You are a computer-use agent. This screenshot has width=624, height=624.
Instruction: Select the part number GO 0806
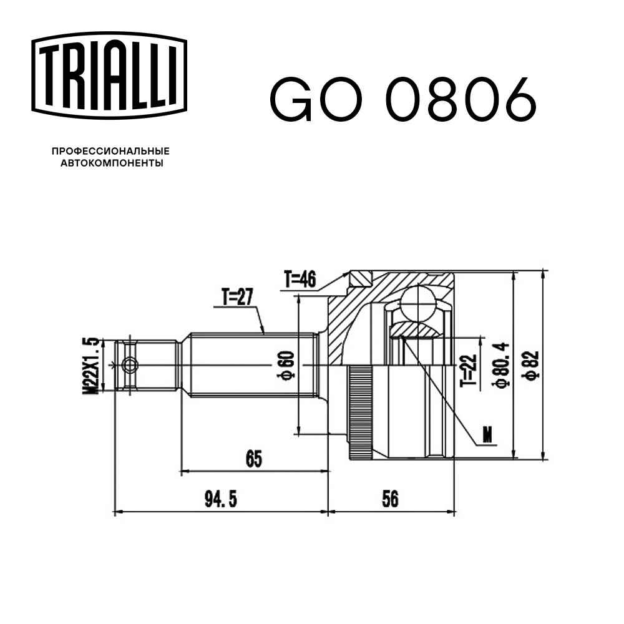(x=402, y=99)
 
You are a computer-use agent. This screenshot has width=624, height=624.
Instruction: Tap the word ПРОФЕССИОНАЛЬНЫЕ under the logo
(x=111, y=151)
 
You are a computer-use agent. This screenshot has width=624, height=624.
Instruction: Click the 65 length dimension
(x=253, y=459)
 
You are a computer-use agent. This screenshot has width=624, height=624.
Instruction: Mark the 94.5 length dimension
(x=222, y=499)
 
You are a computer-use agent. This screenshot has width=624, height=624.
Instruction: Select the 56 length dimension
(x=391, y=499)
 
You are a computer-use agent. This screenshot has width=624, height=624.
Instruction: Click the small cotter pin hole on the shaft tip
(x=129, y=365)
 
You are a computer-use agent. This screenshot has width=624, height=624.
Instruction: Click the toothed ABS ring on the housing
(x=359, y=412)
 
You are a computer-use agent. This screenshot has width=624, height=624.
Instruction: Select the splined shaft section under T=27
(x=250, y=365)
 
